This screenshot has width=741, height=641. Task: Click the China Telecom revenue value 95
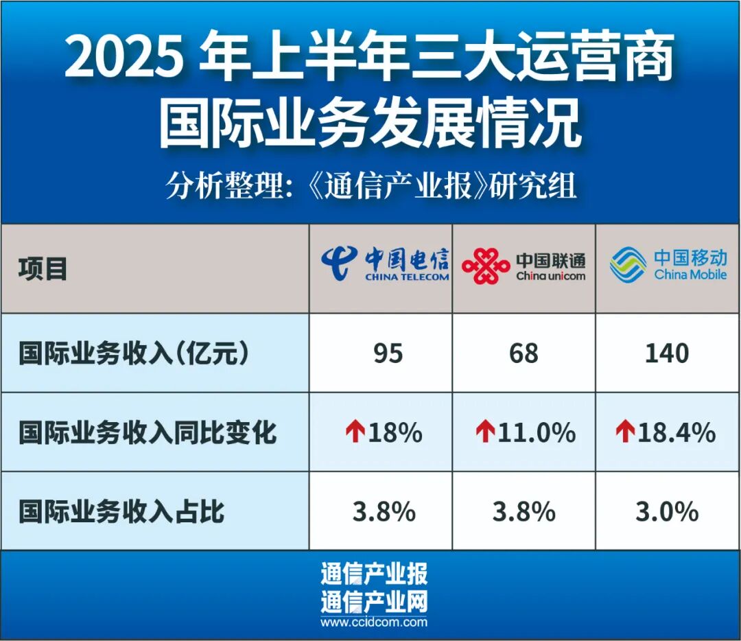388,353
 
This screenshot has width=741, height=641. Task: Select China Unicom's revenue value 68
524,353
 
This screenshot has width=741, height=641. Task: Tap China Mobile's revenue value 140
667,353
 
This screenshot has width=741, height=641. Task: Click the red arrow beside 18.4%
625,432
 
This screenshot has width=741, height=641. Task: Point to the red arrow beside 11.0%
485,432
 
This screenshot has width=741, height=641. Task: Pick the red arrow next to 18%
355,432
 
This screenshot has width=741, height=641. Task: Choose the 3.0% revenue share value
667,511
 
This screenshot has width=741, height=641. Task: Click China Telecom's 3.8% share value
384,511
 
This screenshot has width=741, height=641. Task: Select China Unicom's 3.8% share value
524,511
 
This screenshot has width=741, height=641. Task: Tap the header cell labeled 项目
43,269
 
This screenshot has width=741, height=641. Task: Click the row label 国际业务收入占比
121,512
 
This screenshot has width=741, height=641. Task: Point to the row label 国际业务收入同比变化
148,432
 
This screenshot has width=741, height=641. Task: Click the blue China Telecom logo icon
339,264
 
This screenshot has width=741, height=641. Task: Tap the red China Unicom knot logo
485,266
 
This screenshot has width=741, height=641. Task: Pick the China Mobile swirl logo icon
628,264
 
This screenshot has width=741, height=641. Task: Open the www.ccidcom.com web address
374,622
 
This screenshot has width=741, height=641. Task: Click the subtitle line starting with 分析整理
371,186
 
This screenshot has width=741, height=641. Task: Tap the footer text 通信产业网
374,602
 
